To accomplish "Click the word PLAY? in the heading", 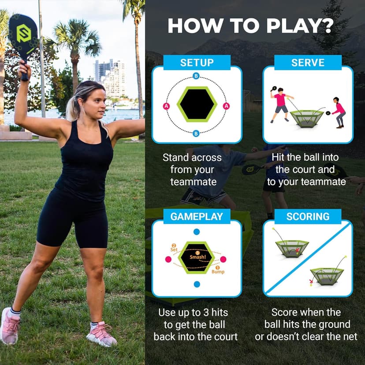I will pos(293,26).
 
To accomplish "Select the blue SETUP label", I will pos(197,63).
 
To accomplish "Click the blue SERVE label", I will pos(308,63).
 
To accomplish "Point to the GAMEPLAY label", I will pos(197,216).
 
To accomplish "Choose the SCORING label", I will pos(308,216).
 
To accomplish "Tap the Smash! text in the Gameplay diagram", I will pos(197,257).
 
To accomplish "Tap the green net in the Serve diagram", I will pos(306,118).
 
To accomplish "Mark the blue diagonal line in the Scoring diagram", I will pos(308,258).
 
